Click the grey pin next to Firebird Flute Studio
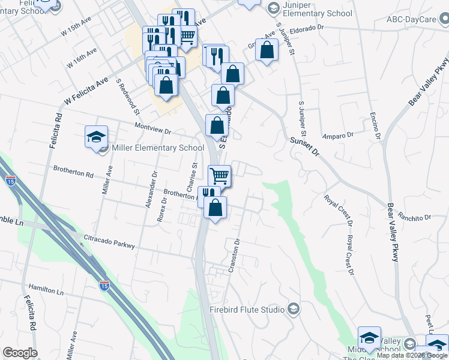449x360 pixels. [294, 309]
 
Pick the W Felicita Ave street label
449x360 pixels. [87, 87]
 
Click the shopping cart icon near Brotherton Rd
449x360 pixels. [220, 176]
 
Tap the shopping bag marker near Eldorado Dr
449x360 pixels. [267, 50]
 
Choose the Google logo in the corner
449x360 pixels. [20, 353]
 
